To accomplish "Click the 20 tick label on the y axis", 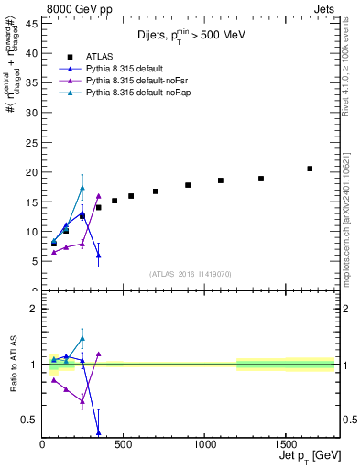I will tap(30, 172).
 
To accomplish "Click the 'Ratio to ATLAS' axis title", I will tap(10, 362).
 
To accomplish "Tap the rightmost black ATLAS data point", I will tap(310, 169).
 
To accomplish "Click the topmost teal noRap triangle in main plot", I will tap(82, 188).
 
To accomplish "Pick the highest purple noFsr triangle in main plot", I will tap(98, 196).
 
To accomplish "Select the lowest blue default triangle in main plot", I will tap(98, 256).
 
